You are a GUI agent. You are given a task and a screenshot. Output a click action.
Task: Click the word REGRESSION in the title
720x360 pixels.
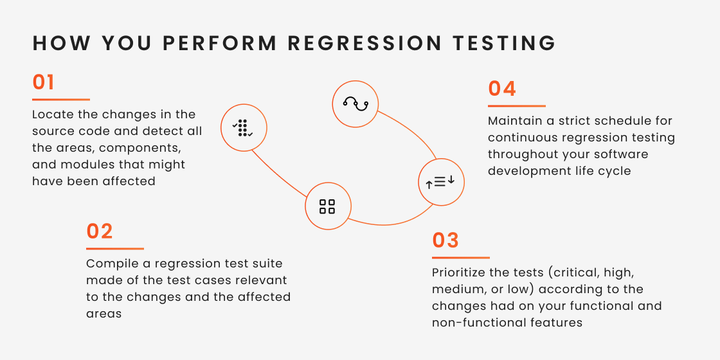(x=364, y=43)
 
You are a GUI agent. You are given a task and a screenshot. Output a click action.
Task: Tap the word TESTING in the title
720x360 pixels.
(x=504, y=43)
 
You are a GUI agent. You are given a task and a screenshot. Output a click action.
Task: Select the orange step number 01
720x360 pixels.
(x=44, y=83)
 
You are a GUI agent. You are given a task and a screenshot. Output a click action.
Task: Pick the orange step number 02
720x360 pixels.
(x=100, y=231)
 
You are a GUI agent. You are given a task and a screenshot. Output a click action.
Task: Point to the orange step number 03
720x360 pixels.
(x=446, y=240)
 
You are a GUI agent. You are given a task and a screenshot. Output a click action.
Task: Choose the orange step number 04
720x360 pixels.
(x=502, y=89)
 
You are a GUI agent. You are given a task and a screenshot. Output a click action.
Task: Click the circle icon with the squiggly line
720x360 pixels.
(x=355, y=104)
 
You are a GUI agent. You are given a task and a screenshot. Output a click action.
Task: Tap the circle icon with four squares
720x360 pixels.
(x=327, y=206)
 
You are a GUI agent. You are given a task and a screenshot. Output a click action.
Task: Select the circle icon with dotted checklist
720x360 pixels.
(x=244, y=127)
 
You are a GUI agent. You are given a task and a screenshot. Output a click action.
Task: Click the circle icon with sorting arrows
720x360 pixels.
(x=441, y=183)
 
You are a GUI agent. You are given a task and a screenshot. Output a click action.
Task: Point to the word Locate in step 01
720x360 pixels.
(x=51, y=114)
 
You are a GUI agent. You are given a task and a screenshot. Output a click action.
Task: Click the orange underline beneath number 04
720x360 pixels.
(x=516, y=106)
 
